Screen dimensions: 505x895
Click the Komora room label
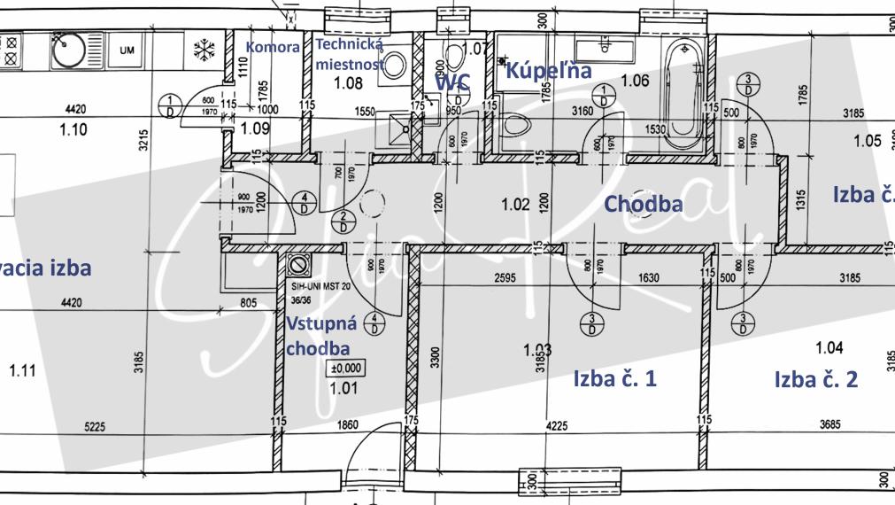(274, 48)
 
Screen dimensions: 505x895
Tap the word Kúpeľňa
(547, 71)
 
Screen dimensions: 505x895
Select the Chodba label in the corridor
(644, 204)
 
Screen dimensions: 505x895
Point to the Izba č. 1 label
(614, 379)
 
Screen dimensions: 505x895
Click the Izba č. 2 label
(815, 380)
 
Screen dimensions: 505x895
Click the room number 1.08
(346, 84)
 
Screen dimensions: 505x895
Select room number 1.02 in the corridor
(515, 205)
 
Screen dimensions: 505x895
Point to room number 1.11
(23, 371)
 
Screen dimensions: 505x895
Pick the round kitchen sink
(68, 50)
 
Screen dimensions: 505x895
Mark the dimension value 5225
(95, 427)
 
